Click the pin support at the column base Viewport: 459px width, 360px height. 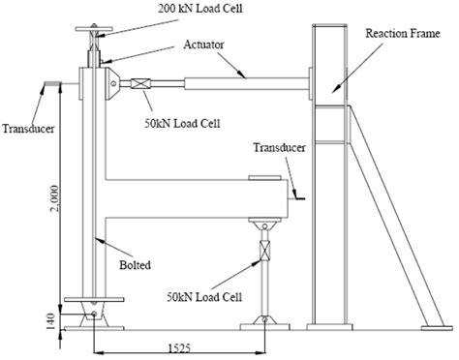point(93,315)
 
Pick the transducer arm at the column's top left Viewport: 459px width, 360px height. point(49,85)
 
